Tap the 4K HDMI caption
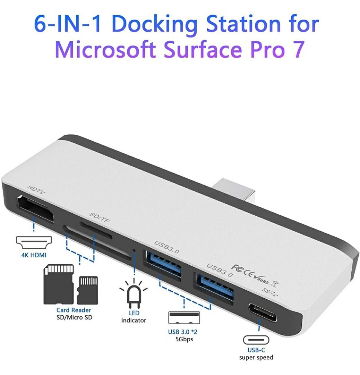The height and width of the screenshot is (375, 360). [x=33, y=256]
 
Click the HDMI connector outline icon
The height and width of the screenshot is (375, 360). [x=34, y=242]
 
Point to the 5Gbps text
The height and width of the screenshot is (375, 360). [x=184, y=339]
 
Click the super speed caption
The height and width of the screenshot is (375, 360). [x=256, y=357]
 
